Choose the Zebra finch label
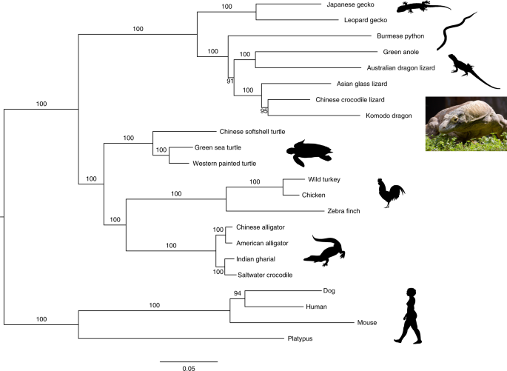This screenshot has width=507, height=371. (x=343, y=211)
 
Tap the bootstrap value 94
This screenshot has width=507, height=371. (x=237, y=293)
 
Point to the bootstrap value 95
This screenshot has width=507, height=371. (x=264, y=110)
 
